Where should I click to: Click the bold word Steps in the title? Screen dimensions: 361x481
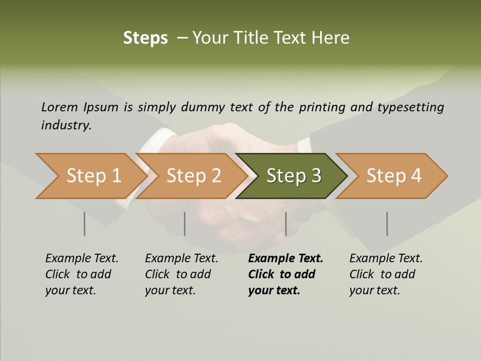pos(145,38)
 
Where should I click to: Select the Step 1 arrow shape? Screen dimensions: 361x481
pos(90,176)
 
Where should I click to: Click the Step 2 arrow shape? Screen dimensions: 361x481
pos(193,176)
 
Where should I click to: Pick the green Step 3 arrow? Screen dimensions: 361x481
pos(293,176)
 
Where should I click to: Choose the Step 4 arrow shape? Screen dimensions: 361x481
pos(393,176)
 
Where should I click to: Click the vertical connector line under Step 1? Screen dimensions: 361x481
pos(85,224)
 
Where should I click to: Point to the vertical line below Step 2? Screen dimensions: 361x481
pos(185,224)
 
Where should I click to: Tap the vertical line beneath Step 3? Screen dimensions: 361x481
pos(286,224)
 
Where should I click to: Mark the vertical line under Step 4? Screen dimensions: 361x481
pos(387,224)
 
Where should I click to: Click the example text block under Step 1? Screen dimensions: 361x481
pos(81,274)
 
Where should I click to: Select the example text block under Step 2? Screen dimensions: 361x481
pos(181,274)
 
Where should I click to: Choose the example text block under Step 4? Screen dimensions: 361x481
pos(385,274)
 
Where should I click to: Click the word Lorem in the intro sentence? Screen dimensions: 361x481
pos(60,107)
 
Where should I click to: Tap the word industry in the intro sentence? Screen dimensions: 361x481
pos(66,125)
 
